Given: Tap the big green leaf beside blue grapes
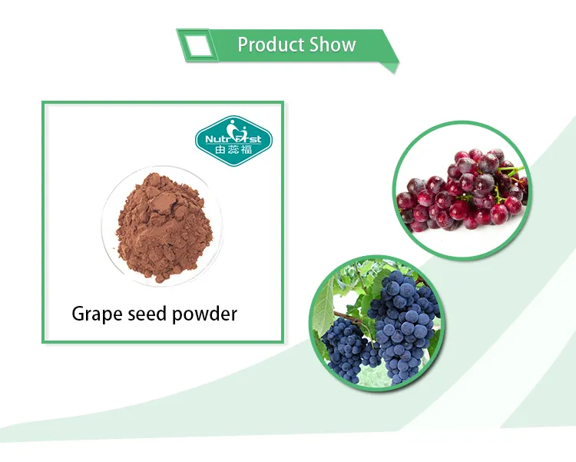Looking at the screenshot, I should click(x=333, y=296).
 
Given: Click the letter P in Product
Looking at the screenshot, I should click(x=242, y=45).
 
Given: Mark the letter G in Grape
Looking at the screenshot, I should click(x=78, y=313).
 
